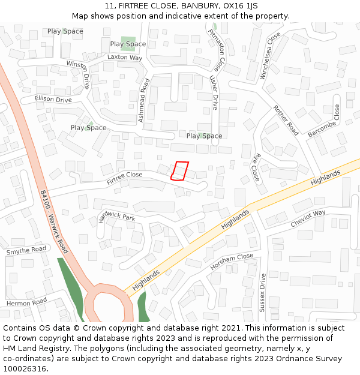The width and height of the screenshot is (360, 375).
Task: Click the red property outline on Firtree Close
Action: coord(179,171)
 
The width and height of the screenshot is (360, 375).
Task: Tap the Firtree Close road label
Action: coord(125,178)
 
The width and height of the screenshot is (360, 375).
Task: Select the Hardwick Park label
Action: coord(117,217)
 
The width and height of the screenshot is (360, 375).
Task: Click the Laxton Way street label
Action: coord(125,58)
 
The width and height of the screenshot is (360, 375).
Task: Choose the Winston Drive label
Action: coord(78,74)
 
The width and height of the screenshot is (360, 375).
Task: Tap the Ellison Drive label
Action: coord(53,99)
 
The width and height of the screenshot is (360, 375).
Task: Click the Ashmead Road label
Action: coord(143,101)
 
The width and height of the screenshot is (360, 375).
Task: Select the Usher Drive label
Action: coord(214,93)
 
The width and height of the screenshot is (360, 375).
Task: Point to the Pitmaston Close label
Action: coord(217,47)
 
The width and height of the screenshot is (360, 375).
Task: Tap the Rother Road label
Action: coord(286,120)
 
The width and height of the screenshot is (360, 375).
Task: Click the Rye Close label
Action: coord(256,168)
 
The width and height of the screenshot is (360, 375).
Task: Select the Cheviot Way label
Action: coord(308,218)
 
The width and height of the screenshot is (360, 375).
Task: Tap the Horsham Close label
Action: coord(232,261)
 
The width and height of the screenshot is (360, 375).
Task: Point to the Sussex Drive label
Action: coord(262,292)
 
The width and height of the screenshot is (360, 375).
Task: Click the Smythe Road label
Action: coord(26,250)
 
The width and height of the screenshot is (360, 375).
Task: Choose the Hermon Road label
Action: coord(26,303)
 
